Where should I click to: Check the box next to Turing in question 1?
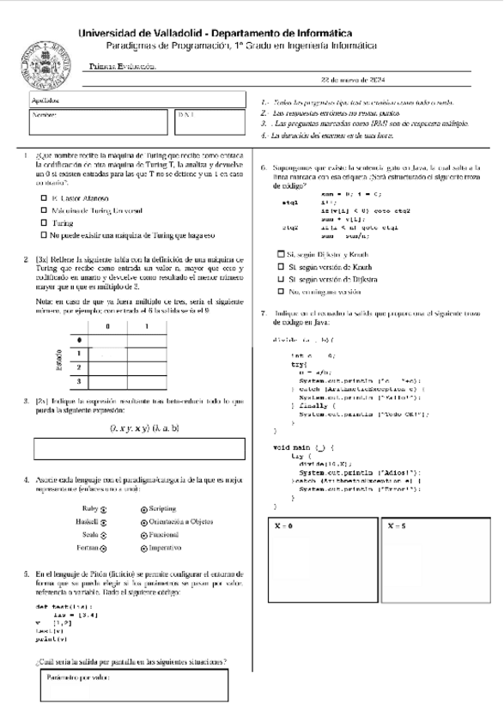coord(44,222)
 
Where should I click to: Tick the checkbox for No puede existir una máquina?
coord(44,234)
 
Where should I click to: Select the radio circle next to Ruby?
coord(103,508)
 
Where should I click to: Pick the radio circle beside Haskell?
coord(103,521)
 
